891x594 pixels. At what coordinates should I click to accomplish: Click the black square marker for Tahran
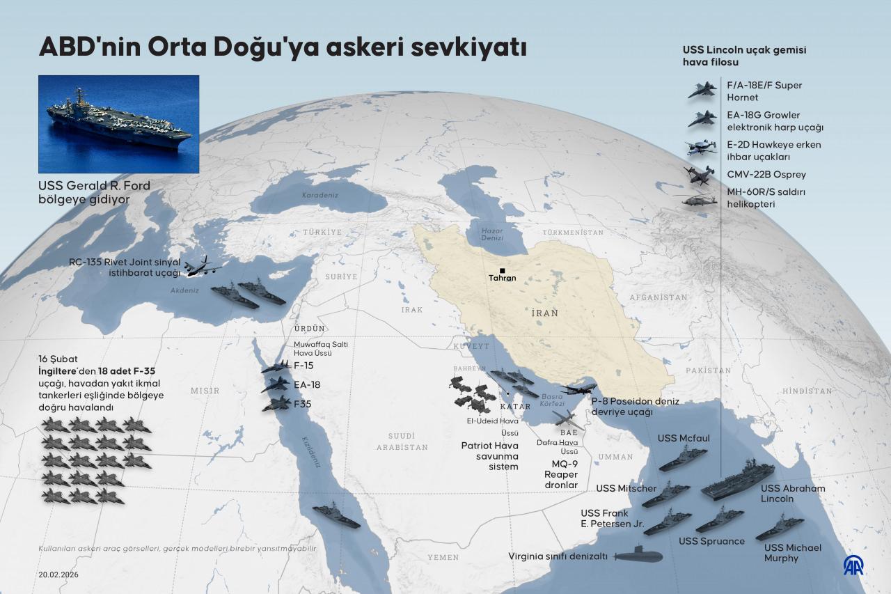pyautogui.click(x=502, y=270)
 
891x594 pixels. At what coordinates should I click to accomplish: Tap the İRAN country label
pyautogui.click(x=544, y=313)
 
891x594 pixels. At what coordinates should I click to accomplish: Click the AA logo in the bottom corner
pyautogui.click(x=853, y=565)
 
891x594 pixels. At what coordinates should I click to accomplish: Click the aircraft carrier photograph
pyautogui.click(x=119, y=124)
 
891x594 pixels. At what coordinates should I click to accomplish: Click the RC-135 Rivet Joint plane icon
pyautogui.click(x=203, y=266)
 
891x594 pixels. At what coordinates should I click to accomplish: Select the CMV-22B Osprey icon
pyautogui.click(x=700, y=174)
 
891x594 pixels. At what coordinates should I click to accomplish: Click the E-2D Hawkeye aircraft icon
pyautogui.click(x=701, y=148)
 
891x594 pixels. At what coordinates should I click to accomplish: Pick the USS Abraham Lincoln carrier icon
pyautogui.click(x=738, y=479)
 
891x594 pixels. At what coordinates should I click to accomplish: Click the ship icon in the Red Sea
pyautogui.click(x=336, y=516)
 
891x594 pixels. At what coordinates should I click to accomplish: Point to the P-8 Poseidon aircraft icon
pyautogui.click(x=578, y=389)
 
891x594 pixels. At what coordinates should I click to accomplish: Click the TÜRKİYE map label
pyautogui.click(x=322, y=232)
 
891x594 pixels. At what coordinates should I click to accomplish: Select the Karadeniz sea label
pyautogui.click(x=320, y=195)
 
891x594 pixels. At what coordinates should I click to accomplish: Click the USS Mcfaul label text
pyautogui.click(x=684, y=438)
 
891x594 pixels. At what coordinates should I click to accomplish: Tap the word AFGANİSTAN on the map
pyautogui.click(x=658, y=297)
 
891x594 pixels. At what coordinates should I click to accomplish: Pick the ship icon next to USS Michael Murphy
pyautogui.click(x=780, y=527)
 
